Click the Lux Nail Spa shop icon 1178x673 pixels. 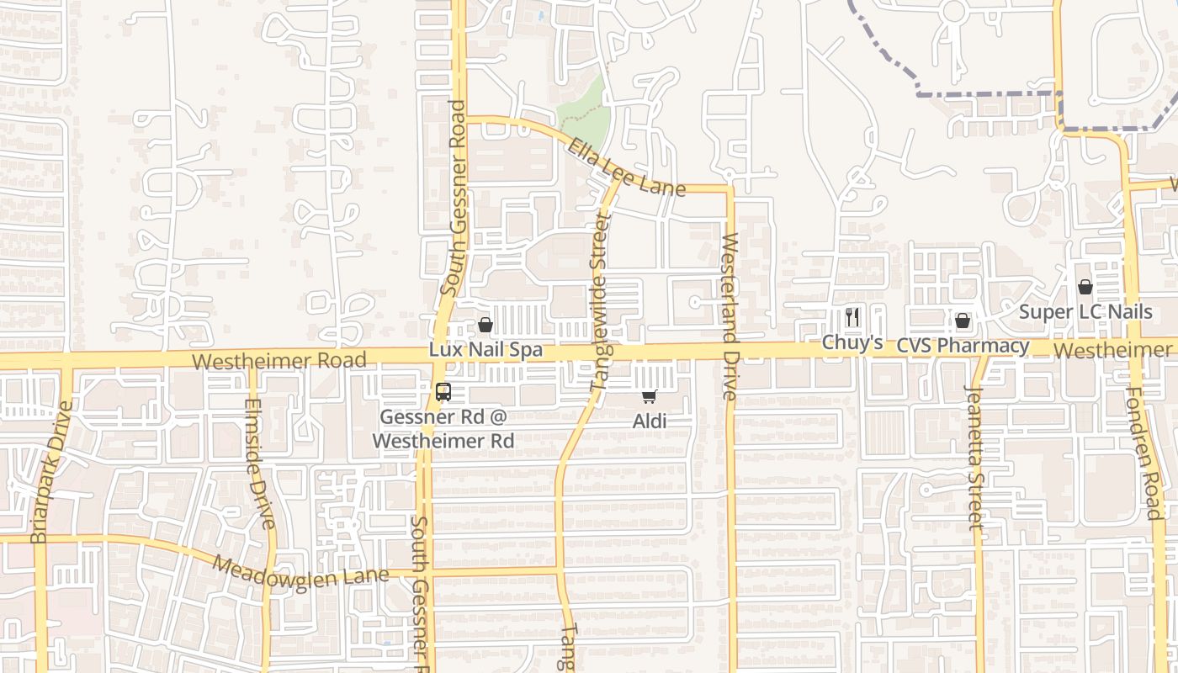pos(485,325)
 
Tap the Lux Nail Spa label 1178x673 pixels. pos(485,349)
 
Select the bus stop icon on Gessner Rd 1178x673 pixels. pos(443,392)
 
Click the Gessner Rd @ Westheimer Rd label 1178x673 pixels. pos(443,428)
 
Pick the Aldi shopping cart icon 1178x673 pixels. pos(649,396)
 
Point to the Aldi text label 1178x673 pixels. pos(650,421)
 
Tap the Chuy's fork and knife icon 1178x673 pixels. pos(852,317)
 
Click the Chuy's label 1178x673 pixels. pos(852,342)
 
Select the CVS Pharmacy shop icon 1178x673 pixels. pos(963,321)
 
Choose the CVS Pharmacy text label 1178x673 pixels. pos(963,346)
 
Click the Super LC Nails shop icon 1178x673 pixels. pos(1085,287)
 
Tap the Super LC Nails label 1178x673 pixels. pos(1085,312)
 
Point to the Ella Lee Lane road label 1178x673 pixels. pos(626,168)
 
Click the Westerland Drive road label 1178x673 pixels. pos(730,316)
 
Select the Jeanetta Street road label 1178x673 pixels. pos(974,457)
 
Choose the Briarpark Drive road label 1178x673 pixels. pos(52,472)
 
